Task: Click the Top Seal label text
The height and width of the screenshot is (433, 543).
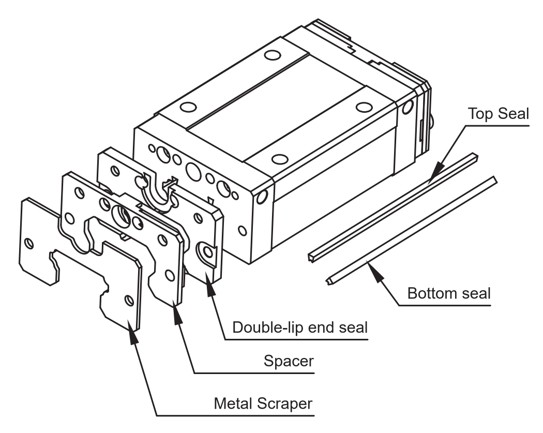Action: coord(499,114)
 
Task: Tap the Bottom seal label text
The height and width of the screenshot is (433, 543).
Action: coord(449,293)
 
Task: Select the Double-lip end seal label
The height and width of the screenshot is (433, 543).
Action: coord(300,327)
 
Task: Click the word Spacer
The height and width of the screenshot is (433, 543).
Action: coord(289,361)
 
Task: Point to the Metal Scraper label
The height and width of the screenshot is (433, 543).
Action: coord(263,404)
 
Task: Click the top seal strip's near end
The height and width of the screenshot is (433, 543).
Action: coord(313,258)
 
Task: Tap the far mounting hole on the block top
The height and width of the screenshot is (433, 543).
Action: coord(273,55)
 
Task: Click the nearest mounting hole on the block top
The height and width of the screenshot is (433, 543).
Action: coord(280,159)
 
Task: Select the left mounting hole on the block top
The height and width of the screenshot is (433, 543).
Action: coord(188,107)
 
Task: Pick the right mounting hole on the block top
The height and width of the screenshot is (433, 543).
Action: coord(364,107)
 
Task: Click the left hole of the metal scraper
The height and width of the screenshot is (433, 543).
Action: coord(29,243)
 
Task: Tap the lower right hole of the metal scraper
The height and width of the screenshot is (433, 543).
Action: coord(129,300)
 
